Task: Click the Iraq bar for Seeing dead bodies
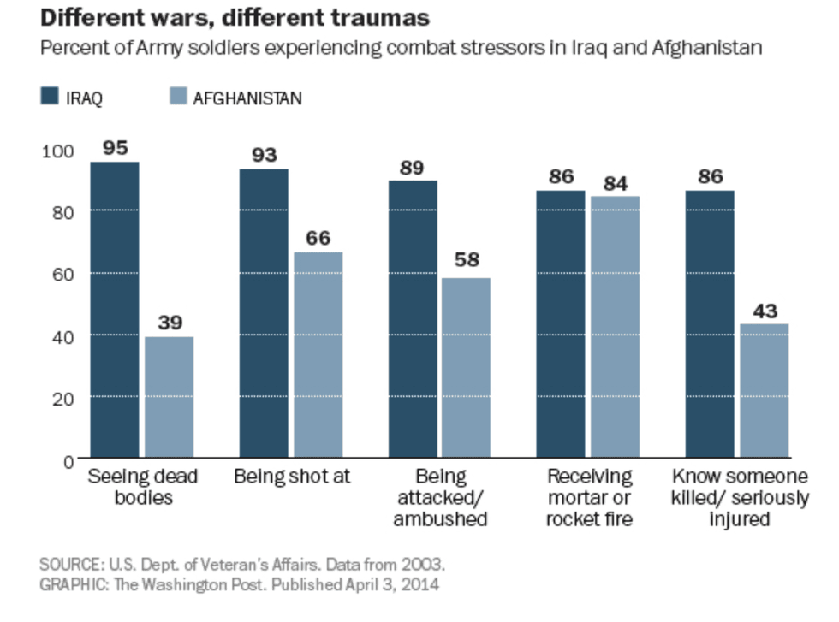click(115, 309)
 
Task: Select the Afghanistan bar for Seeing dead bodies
click(169, 397)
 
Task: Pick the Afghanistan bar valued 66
click(318, 354)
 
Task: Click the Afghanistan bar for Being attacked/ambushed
click(466, 367)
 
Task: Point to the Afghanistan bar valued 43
click(764, 390)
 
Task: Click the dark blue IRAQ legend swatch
click(50, 98)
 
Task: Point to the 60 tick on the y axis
click(65, 274)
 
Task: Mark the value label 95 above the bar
click(115, 147)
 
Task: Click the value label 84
click(615, 182)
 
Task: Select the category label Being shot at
click(292, 477)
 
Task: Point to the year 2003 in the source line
click(425, 566)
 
